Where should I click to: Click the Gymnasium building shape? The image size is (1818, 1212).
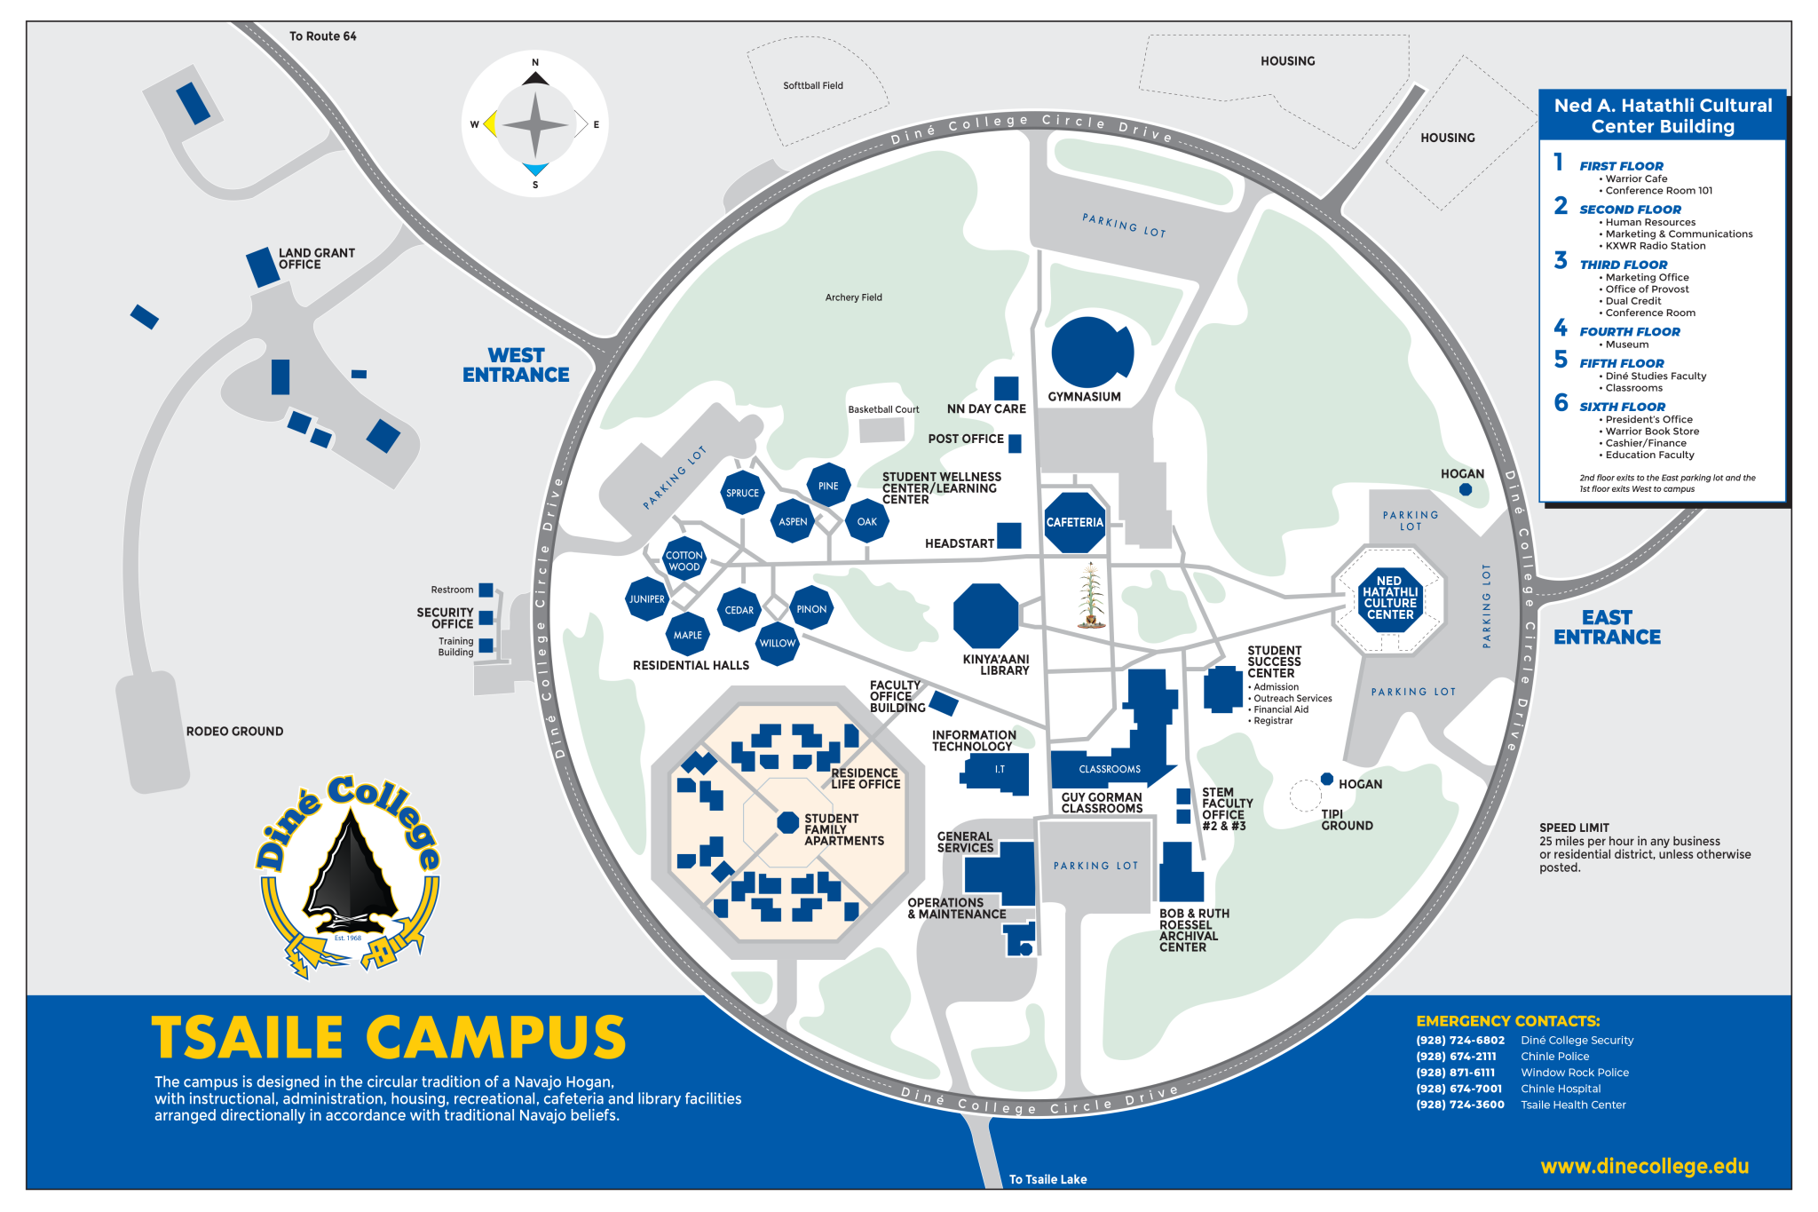coord(1090,353)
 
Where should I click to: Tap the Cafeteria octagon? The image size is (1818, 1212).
coord(1074,523)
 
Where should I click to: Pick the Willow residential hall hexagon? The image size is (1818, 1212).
coord(778,644)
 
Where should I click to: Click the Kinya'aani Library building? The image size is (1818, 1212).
coord(985,615)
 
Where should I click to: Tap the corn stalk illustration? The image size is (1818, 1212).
coord(1091,596)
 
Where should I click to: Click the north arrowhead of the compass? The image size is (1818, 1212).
coord(535,78)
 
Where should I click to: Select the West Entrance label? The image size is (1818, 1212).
coord(516,366)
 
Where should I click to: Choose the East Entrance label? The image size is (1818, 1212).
coord(1607,628)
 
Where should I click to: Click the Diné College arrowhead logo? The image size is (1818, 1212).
coord(352,875)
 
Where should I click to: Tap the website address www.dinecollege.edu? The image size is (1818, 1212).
coord(1644,1167)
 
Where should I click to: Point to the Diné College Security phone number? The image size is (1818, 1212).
coord(1460,1041)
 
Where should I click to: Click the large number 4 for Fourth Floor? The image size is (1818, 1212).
coord(1561,328)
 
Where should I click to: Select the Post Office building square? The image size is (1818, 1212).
coord(1015,443)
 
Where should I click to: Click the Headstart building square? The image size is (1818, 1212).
coord(1008,536)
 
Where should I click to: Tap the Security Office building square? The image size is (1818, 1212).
coord(486,618)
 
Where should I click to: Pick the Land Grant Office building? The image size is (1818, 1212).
coord(263,267)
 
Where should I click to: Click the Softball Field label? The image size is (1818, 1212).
coord(813,86)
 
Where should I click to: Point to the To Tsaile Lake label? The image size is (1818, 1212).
coord(1047,1179)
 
